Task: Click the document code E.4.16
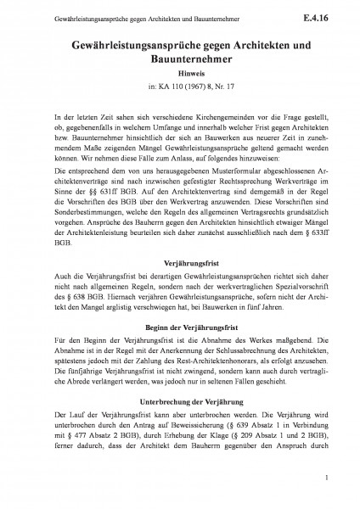(324, 15)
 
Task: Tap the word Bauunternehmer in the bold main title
(179, 57)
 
